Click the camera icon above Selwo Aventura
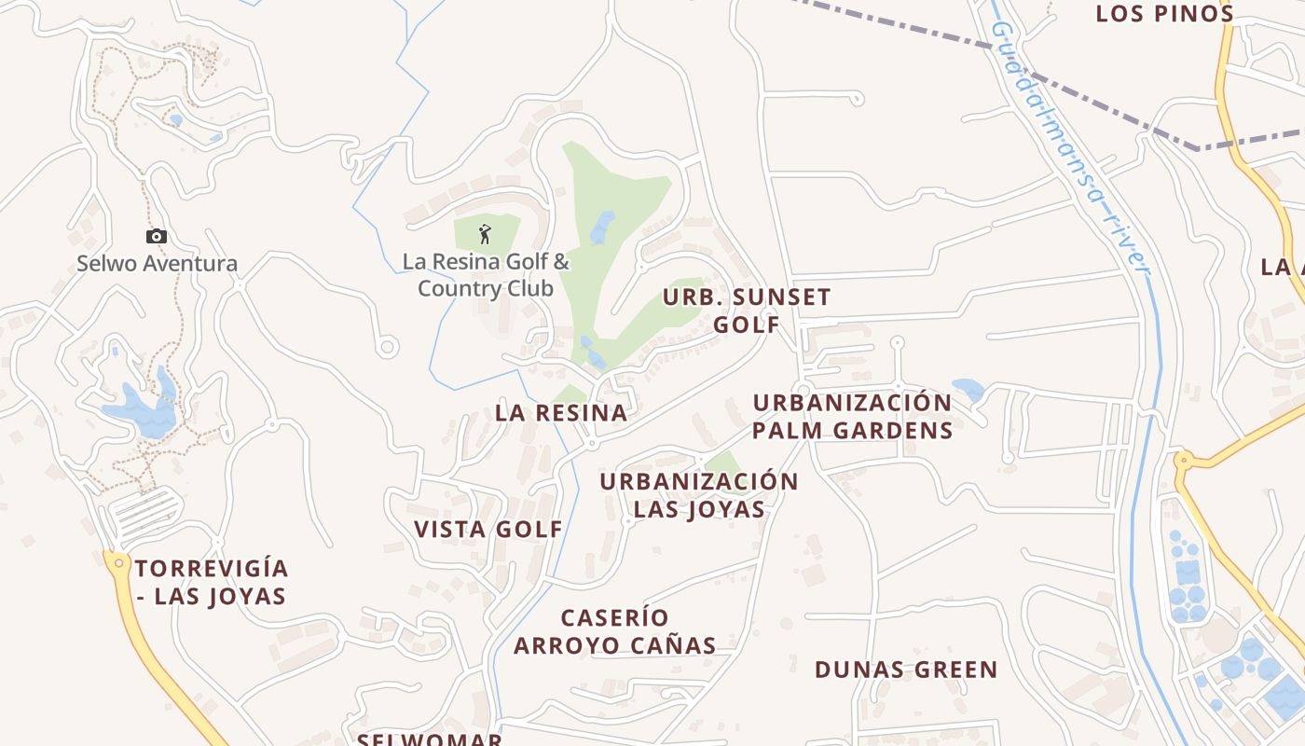157,237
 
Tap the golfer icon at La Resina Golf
485,234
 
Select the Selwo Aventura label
157,264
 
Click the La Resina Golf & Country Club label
485,275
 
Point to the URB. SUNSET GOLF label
746,311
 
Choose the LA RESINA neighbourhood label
561,413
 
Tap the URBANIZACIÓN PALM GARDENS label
852,417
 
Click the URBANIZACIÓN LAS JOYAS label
698,495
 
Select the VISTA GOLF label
488,530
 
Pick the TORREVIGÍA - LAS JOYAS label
212,583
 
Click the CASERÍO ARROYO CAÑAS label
615,631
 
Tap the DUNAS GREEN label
906,670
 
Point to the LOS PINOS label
1164,14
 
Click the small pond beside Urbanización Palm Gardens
968,389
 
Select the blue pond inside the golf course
602,227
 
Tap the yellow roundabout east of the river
1184,460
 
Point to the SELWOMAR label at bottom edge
430,739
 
